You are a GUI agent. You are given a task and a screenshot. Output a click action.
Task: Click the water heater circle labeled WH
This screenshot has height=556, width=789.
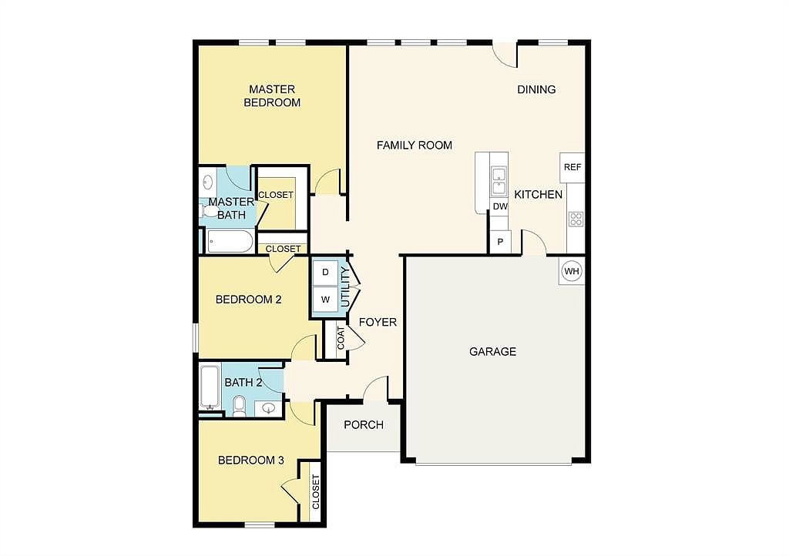pos(572,271)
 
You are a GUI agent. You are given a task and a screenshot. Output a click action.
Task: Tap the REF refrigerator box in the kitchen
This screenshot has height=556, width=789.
pos(572,167)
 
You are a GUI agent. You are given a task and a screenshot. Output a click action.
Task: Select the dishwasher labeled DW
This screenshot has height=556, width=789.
pos(499,206)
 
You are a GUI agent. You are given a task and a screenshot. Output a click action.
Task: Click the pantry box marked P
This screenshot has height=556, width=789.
pos(500,242)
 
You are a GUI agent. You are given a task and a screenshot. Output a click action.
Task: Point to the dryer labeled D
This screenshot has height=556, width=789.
pos(325,273)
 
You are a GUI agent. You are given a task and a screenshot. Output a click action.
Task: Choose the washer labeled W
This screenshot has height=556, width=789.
pos(325,300)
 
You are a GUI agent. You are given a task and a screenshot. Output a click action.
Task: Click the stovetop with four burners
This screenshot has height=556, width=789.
pos(576,219)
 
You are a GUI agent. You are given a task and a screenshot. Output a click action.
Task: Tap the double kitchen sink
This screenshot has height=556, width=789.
pos(499,182)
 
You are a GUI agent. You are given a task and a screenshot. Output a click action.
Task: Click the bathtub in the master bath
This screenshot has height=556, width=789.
pos(230,242)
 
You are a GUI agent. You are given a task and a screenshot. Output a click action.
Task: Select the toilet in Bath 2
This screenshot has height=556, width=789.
pos(239,406)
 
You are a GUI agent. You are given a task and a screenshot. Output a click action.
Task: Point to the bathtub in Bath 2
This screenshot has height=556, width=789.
pos(210,387)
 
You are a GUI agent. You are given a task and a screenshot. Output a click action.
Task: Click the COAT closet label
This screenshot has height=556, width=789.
pos(341,338)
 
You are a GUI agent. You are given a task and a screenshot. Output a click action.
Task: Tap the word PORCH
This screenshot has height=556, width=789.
pos(364,425)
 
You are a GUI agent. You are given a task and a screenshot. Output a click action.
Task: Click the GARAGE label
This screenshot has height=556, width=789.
pos(492,351)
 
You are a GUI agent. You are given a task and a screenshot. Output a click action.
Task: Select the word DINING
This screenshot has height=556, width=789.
pos(536,89)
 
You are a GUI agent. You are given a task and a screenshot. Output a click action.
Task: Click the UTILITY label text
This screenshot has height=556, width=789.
pos(345,287)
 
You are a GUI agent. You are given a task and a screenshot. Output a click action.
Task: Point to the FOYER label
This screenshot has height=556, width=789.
pos(378,322)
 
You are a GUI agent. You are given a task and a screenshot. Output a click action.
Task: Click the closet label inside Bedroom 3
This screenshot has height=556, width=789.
pos(315,492)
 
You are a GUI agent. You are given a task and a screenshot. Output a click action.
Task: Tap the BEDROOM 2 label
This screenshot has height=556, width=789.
pos(248,300)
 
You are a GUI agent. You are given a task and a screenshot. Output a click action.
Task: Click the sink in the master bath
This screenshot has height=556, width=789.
pos(207,182)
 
